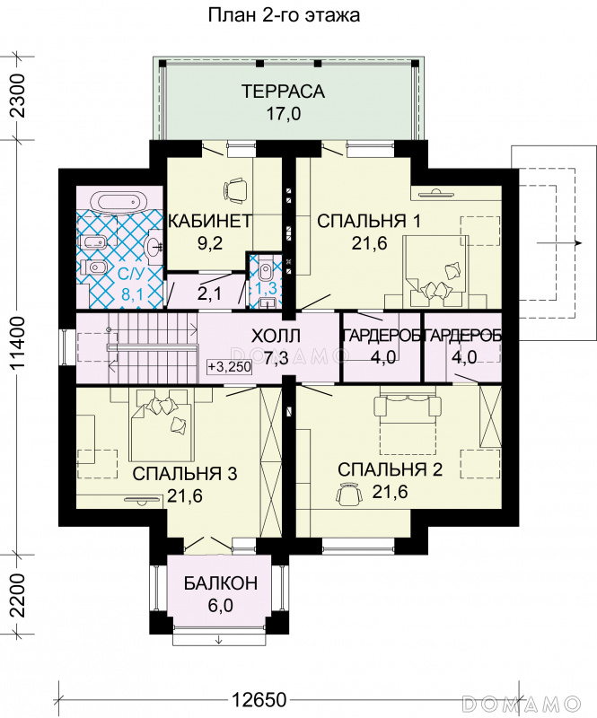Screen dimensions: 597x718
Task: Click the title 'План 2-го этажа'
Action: (x=284, y=15)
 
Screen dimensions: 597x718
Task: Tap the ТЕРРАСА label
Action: (x=283, y=92)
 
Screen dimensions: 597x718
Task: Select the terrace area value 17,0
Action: (x=284, y=114)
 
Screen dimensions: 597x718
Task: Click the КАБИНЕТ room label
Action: (x=210, y=221)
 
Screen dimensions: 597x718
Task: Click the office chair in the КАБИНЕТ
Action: (x=236, y=190)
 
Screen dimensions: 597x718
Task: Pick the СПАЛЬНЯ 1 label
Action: (x=369, y=221)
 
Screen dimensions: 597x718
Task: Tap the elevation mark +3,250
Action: (x=230, y=367)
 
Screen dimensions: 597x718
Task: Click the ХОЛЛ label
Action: (x=276, y=337)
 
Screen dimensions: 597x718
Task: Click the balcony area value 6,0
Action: (x=220, y=605)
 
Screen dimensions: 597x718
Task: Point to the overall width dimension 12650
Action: (x=259, y=700)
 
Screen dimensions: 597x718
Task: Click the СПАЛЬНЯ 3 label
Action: (x=185, y=474)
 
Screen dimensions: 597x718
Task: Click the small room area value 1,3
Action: (x=266, y=289)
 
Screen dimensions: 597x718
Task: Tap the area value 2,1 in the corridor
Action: (x=209, y=293)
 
